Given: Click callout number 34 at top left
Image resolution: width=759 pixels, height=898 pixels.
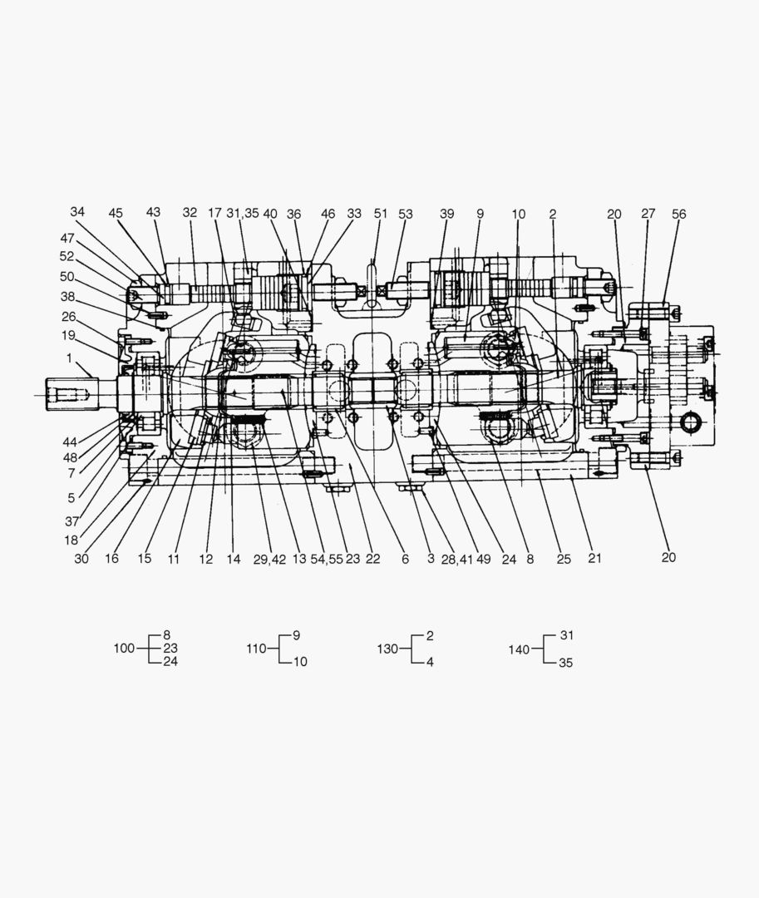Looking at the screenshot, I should (x=77, y=212).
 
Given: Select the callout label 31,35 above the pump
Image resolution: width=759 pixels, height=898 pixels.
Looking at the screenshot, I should (x=243, y=214).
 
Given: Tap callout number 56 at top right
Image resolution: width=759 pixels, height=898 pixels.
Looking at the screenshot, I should (x=679, y=214).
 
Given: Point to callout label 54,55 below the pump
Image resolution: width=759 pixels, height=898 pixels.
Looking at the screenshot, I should (x=326, y=560).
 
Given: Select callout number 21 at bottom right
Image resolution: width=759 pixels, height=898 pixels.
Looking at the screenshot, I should (x=594, y=559).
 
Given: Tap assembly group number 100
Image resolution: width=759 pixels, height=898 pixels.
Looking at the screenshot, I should (x=124, y=649).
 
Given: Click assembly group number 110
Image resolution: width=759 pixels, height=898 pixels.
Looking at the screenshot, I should (x=257, y=649).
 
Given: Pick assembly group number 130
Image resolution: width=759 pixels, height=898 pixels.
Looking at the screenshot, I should (x=388, y=649).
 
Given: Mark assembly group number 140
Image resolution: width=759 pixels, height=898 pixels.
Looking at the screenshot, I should (x=519, y=649).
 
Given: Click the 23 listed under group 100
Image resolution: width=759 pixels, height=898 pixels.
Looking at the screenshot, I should (x=170, y=649).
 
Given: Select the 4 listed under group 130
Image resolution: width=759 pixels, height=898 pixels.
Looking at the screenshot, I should (x=430, y=663).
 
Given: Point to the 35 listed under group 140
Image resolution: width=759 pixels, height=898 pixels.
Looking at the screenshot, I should (x=566, y=663).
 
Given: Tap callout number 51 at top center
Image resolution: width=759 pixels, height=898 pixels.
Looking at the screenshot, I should (x=381, y=214).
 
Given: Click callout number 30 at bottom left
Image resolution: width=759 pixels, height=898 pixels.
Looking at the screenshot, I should (x=81, y=559).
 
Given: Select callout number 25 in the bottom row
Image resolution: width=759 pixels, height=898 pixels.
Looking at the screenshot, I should (x=564, y=559).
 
